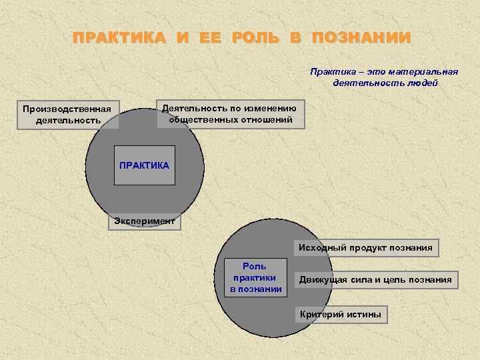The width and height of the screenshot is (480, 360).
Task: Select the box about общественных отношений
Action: [x=230, y=113]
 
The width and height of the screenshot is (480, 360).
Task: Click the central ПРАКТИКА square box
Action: [x=144, y=165]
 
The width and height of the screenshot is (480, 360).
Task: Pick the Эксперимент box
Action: [x=144, y=221]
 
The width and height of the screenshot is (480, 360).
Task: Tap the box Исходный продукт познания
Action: [x=365, y=248]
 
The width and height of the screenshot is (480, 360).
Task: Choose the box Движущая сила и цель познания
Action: [x=375, y=279]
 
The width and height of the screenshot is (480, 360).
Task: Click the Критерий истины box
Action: [x=341, y=314]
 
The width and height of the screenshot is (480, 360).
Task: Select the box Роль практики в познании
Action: [x=255, y=277]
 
